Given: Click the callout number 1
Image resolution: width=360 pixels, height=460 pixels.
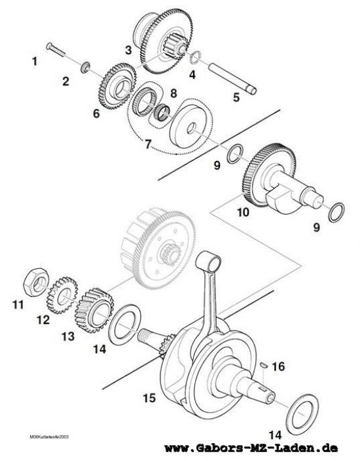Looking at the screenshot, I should (35, 62).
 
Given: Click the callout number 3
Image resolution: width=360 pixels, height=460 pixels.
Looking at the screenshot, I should (129, 49).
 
